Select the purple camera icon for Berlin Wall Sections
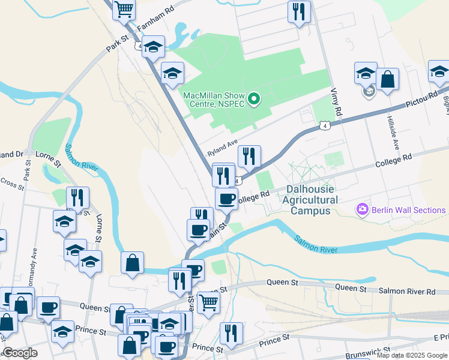363,209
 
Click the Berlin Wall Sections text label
409,210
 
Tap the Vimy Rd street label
336,103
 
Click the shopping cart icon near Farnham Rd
124,8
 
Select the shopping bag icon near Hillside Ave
388,79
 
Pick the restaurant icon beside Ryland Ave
249,156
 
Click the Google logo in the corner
20,353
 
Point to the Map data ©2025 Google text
412,355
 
